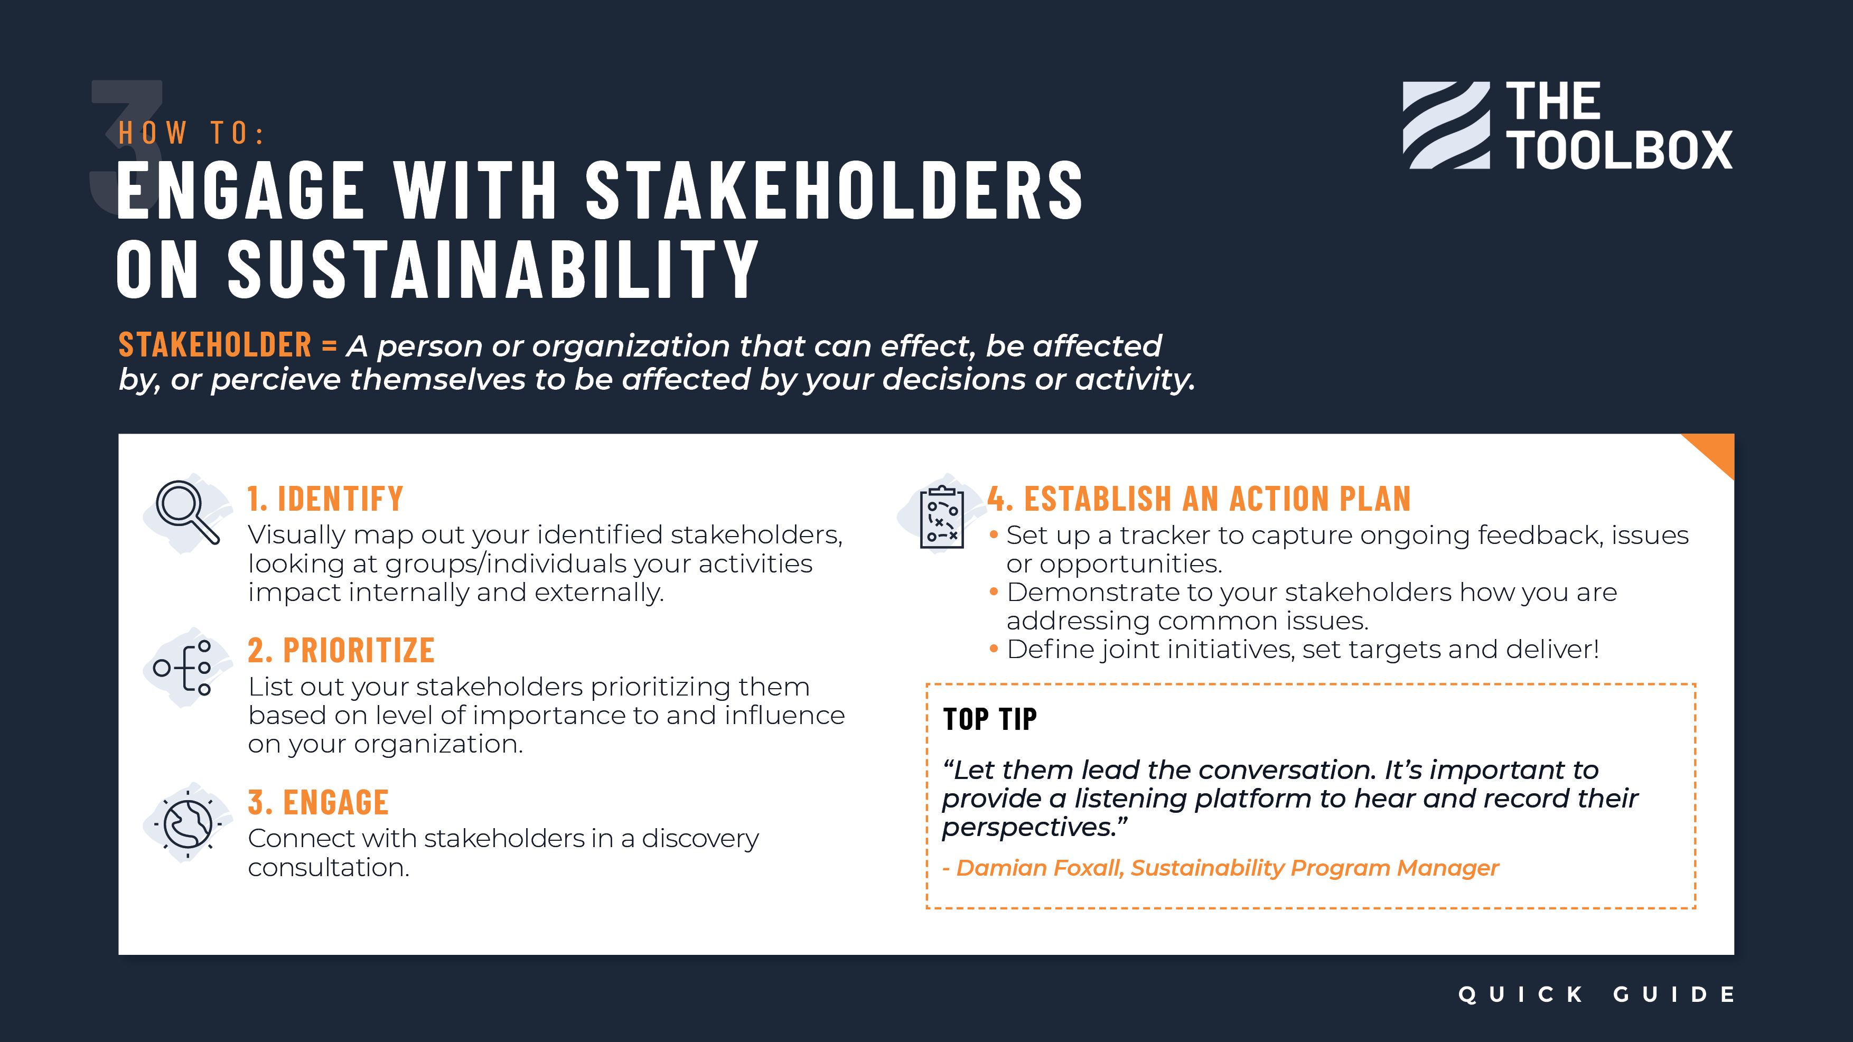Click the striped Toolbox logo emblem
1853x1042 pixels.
click(1446, 125)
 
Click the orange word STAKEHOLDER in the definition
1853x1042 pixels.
click(215, 345)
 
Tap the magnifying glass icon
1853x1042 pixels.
click(188, 512)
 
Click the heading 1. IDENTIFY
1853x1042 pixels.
click(325, 499)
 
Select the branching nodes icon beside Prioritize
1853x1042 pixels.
click(183, 668)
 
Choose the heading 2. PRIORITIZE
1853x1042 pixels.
click(341, 651)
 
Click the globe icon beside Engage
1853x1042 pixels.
click(188, 823)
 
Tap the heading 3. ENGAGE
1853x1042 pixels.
click(318, 803)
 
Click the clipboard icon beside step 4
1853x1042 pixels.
click(942, 517)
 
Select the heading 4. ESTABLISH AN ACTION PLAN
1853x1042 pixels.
click(1199, 499)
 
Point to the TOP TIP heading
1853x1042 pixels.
click(990, 719)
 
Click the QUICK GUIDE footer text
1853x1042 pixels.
click(1595, 994)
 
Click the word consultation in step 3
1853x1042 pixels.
click(329, 867)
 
